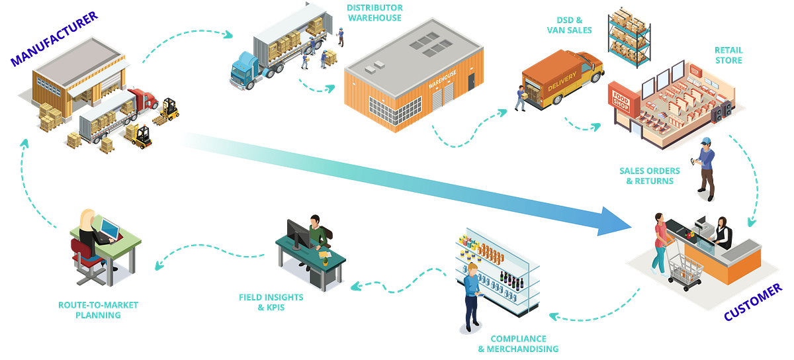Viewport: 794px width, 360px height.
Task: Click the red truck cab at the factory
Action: pyautogui.click(x=145, y=97)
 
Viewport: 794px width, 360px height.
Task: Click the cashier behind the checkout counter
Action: pyautogui.click(x=723, y=232)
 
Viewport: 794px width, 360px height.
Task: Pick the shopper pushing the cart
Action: pyautogui.click(x=659, y=242)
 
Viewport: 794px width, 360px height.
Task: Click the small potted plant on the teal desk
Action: pyautogui.click(x=325, y=259)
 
